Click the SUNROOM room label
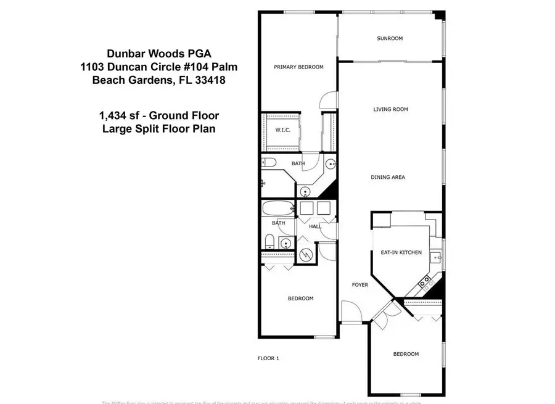(389, 38)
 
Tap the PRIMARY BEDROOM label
(298, 67)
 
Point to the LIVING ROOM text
(390, 110)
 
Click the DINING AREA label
(387, 178)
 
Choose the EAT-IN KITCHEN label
(401, 253)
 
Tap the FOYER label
(360, 285)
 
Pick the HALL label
(315, 226)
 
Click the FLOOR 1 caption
(268, 358)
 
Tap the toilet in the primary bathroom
(268, 163)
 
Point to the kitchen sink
(438, 257)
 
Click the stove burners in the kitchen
(425, 282)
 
